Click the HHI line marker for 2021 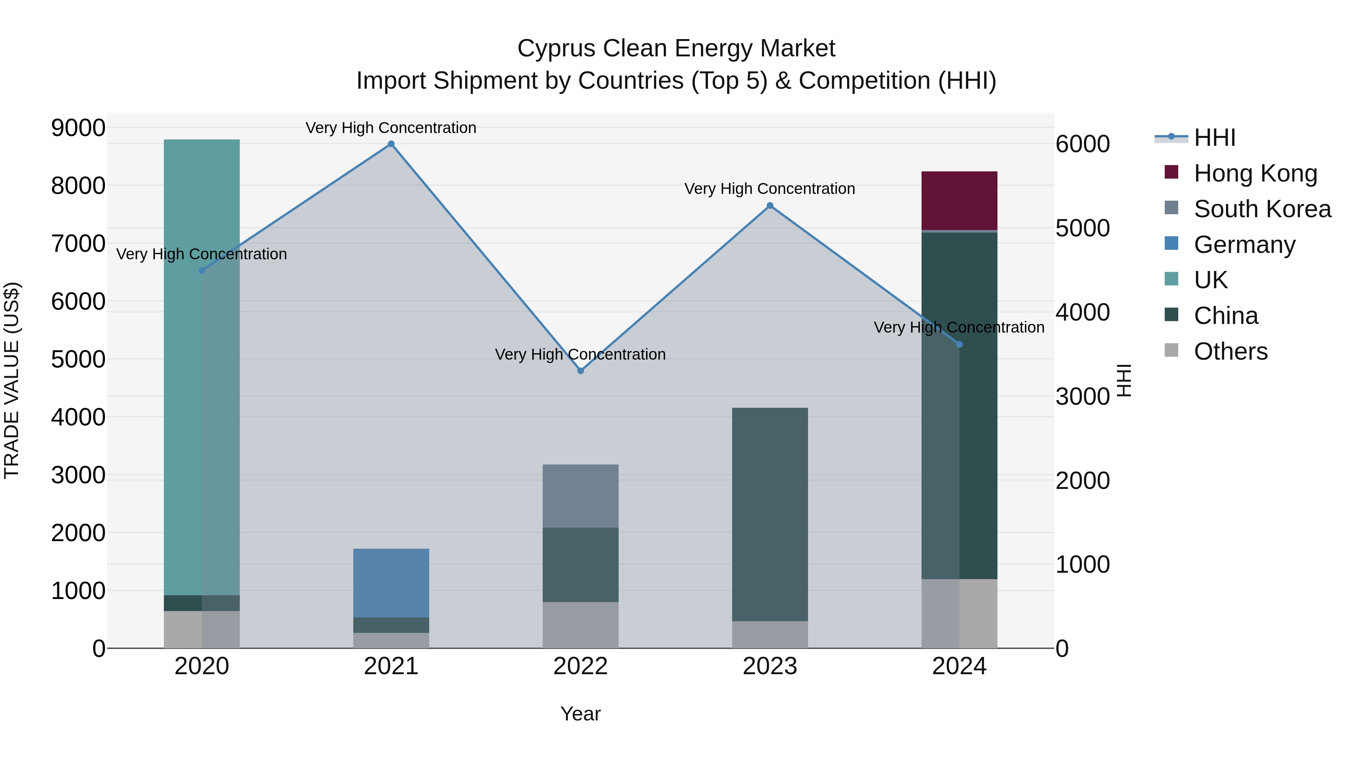point(391,144)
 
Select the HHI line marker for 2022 point(580,371)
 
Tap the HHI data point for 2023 point(770,206)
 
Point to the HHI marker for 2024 point(959,345)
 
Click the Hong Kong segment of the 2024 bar point(959,201)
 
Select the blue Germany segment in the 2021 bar point(391,583)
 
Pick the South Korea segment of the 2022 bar point(580,496)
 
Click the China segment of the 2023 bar point(770,515)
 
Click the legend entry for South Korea point(1262,209)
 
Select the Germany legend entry point(1244,245)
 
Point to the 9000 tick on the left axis point(78,128)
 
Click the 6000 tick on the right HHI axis point(1083,144)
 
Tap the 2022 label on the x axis point(580,666)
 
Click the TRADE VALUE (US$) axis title point(12,380)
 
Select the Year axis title point(580,714)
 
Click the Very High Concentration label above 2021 point(391,128)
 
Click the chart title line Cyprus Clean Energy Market point(676,48)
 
